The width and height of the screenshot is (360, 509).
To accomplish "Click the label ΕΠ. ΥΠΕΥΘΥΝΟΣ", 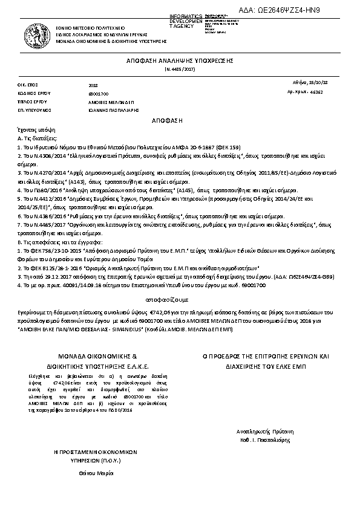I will point(33,111).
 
